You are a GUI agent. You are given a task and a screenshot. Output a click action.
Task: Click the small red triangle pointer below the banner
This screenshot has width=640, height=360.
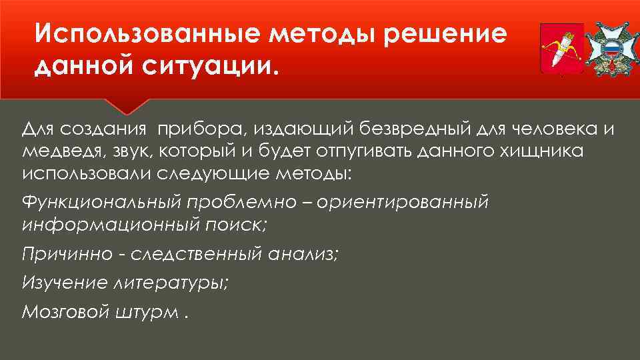tap(126, 106)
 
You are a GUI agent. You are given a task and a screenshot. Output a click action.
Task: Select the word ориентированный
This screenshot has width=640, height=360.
tap(404, 202)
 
